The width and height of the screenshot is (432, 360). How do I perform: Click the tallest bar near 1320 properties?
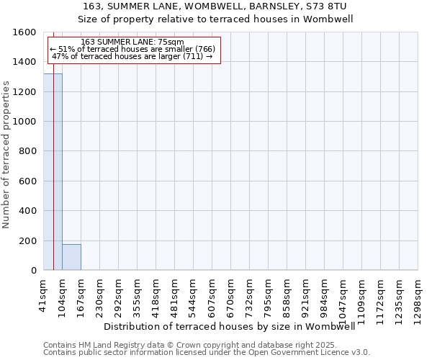point(53,173)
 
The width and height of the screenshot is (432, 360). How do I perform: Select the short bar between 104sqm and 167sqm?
point(71,257)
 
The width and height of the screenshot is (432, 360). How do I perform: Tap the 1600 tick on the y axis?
point(25,32)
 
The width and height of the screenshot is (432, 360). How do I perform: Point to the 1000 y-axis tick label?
point(25,122)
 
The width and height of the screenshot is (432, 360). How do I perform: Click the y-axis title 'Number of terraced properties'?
point(6,154)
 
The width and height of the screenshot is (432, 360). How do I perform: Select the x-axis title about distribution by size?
point(235,327)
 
